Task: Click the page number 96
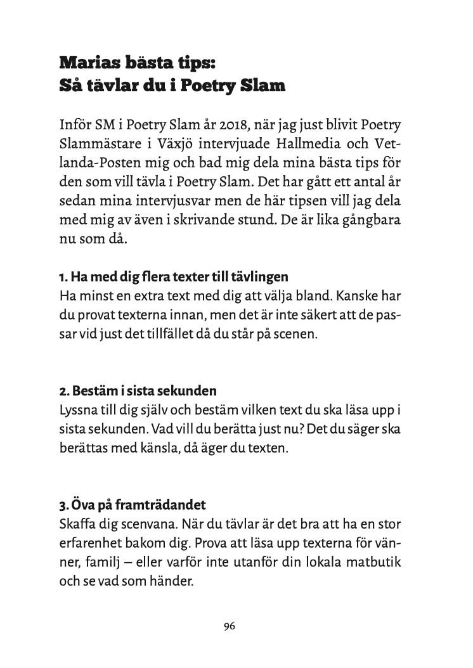click(230, 627)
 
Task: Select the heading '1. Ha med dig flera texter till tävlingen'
click(174, 278)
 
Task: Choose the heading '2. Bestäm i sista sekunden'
click(138, 390)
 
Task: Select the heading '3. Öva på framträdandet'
click(133, 506)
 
